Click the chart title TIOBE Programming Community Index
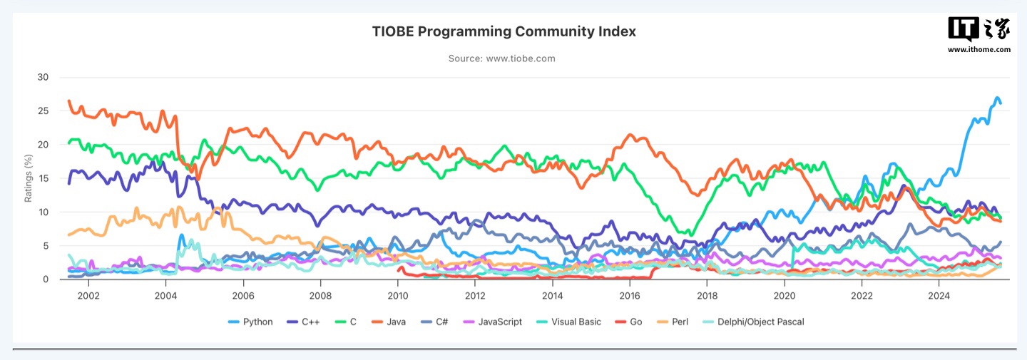pyautogui.click(x=504, y=32)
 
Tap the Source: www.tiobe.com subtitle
pyautogui.click(x=502, y=58)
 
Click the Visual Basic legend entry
pyautogui.click(x=571, y=322)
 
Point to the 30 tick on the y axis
pyautogui.click(x=44, y=78)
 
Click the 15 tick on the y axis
pyautogui.click(x=44, y=178)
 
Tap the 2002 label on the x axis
pyautogui.click(x=88, y=295)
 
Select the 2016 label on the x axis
pyautogui.click(x=630, y=295)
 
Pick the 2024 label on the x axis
pyautogui.click(x=939, y=295)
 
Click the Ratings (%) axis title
pyautogui.click(x=29, y=178)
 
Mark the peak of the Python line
pyautogui.click(x=998, y=98)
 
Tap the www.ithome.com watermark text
pyautogui.click(x=979, y=50)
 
